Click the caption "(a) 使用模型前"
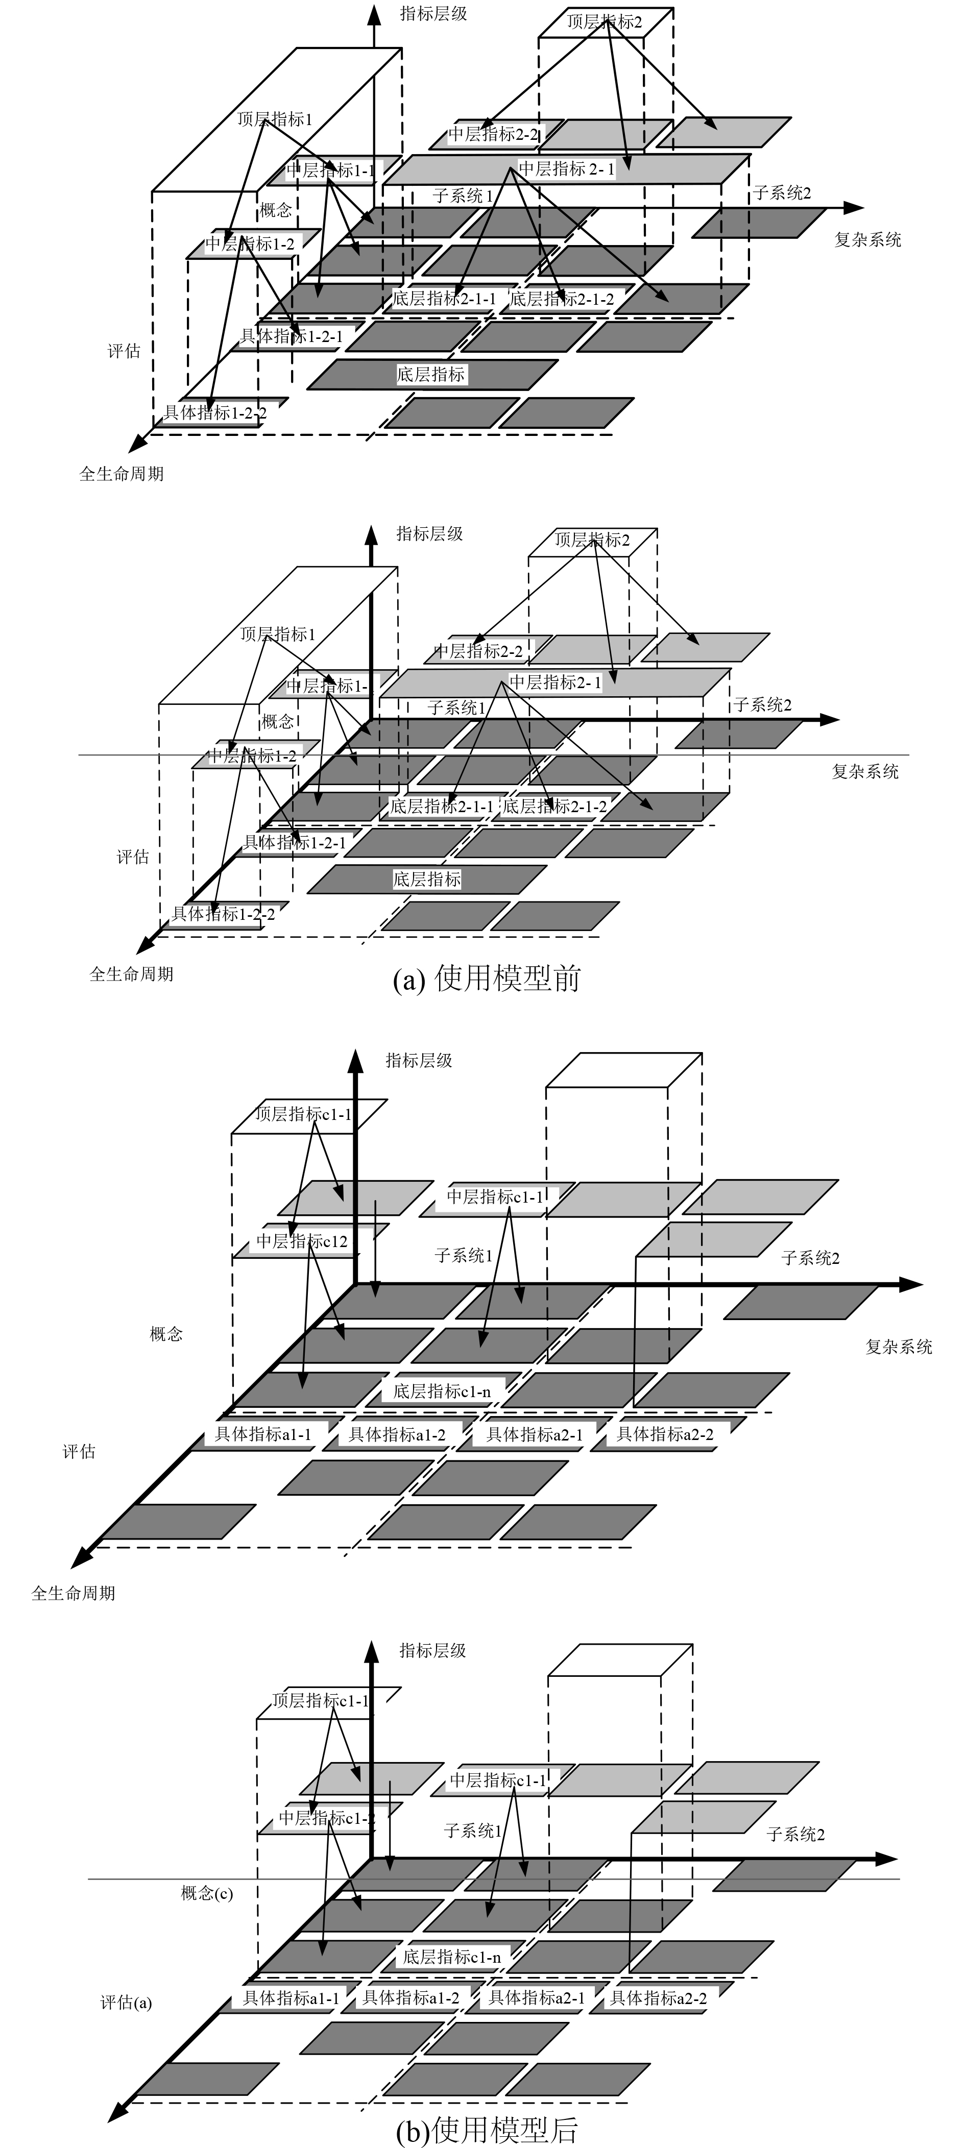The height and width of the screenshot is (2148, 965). [x=486, y=978]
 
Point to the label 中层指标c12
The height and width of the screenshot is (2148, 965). [x=302, y=1241]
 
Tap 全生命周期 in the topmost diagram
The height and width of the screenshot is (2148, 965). [x=121, y=474]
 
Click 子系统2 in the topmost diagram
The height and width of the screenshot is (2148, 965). [x=782, y=193]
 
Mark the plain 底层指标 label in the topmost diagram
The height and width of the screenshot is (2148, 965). [x=430, y=374]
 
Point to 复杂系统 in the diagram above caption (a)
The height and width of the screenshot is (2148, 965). [x=865, y=771]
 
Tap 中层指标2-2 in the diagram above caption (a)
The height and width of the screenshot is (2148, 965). [x=479, y=650]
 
